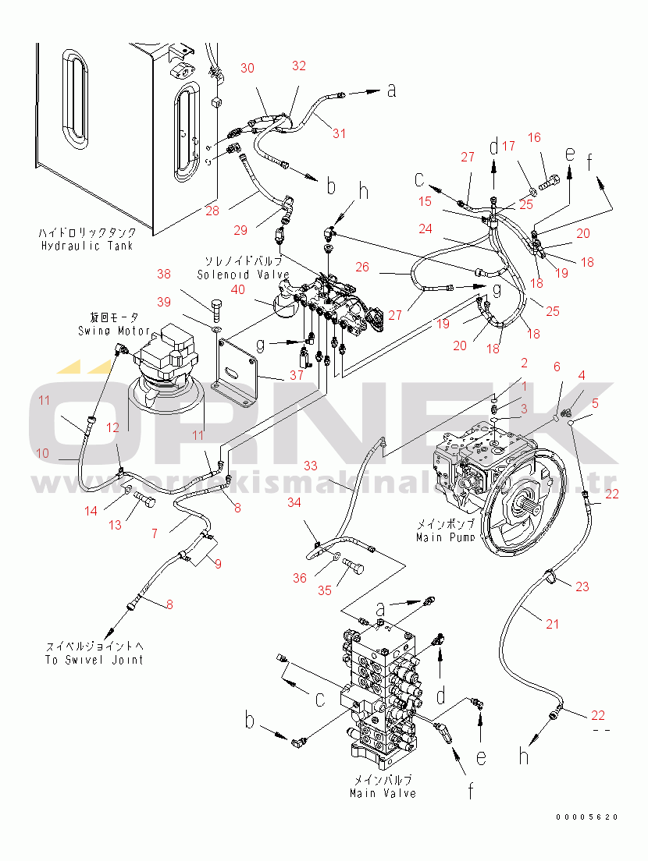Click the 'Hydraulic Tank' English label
click(x=87, y=246)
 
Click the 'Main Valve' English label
click(x=383, y=793)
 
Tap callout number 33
click(x=311, y=466)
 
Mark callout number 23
click(x=582, y=587)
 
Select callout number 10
click(x=42, y=452)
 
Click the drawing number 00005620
click(x=586, y=817)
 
